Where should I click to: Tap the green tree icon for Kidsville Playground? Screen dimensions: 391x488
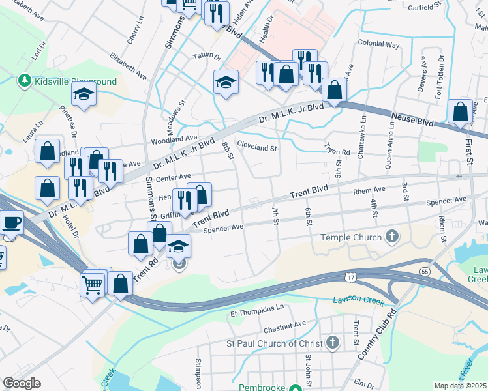pyautogui.click(x=25, y=81)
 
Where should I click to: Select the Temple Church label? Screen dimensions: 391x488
pyautogui.click(x=350, y=237)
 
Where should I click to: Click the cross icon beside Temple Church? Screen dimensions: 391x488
pyautogui.click(x=392, y=236)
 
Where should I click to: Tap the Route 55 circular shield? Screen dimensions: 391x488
pyautogui.click(x=425, y=270)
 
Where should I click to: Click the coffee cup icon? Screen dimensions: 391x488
pyautogui.click(x=11, y=224)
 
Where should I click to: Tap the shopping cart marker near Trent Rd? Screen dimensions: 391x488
pyautogui.click(x=93, y=283)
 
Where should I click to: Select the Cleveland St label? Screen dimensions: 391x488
pyautogui.click(x=257, y=147)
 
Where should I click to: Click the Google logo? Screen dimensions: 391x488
pyautogui.click(x=22, y=383)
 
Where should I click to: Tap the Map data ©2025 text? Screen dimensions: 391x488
pyautogui.click(x=461, y=386)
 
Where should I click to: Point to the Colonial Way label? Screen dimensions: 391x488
pyautogui.click(x=378, y=44)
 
